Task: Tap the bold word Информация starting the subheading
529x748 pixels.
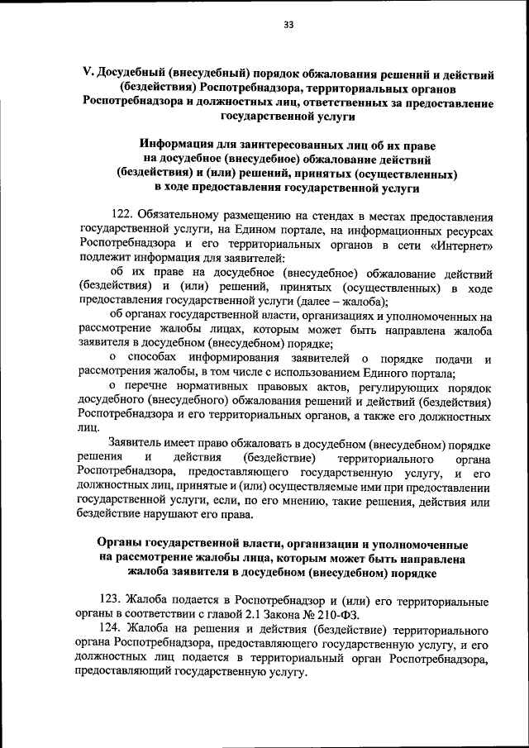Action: (x=177, y=145)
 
